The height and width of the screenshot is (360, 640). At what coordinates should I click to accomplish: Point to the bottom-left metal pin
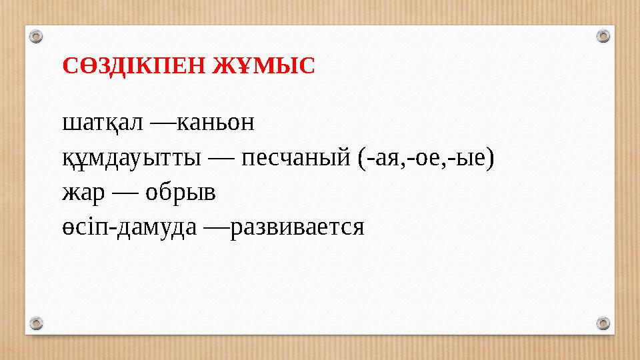[37, 323]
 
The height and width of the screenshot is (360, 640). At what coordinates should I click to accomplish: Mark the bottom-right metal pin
[603, 323]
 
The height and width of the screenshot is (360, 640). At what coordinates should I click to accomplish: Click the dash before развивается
[215, 228]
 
